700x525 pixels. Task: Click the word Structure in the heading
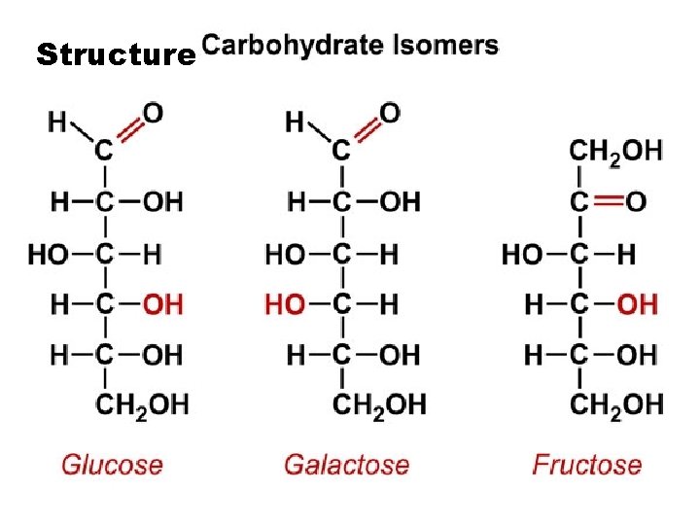click(x=115, y=54)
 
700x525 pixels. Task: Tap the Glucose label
click(x=112, y=464)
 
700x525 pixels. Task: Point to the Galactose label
click(x=346, y=464)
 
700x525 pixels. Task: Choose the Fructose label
click(x=587, y=464)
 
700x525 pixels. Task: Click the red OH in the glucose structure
click(x=162, y=304)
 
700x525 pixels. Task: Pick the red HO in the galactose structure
click(x=285, y=304)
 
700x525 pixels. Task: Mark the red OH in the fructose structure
click(x=637, y=304)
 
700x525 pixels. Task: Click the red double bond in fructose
click(x=608, y=201)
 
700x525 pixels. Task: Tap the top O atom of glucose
click(x=154, y=113)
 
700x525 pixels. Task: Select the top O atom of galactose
click(x=390, y=113)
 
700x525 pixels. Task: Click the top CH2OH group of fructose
click(x=615, y=151)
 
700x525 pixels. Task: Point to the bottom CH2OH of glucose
click(x=142, y=402)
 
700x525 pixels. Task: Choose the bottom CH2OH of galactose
click(x=379, y=402)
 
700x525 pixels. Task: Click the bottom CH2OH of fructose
click(x=616, y=402)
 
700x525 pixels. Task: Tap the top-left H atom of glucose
click(x=58, y=122)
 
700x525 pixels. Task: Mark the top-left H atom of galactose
click(x=295, y=122)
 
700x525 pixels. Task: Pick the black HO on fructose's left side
click(x=522, y=255)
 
